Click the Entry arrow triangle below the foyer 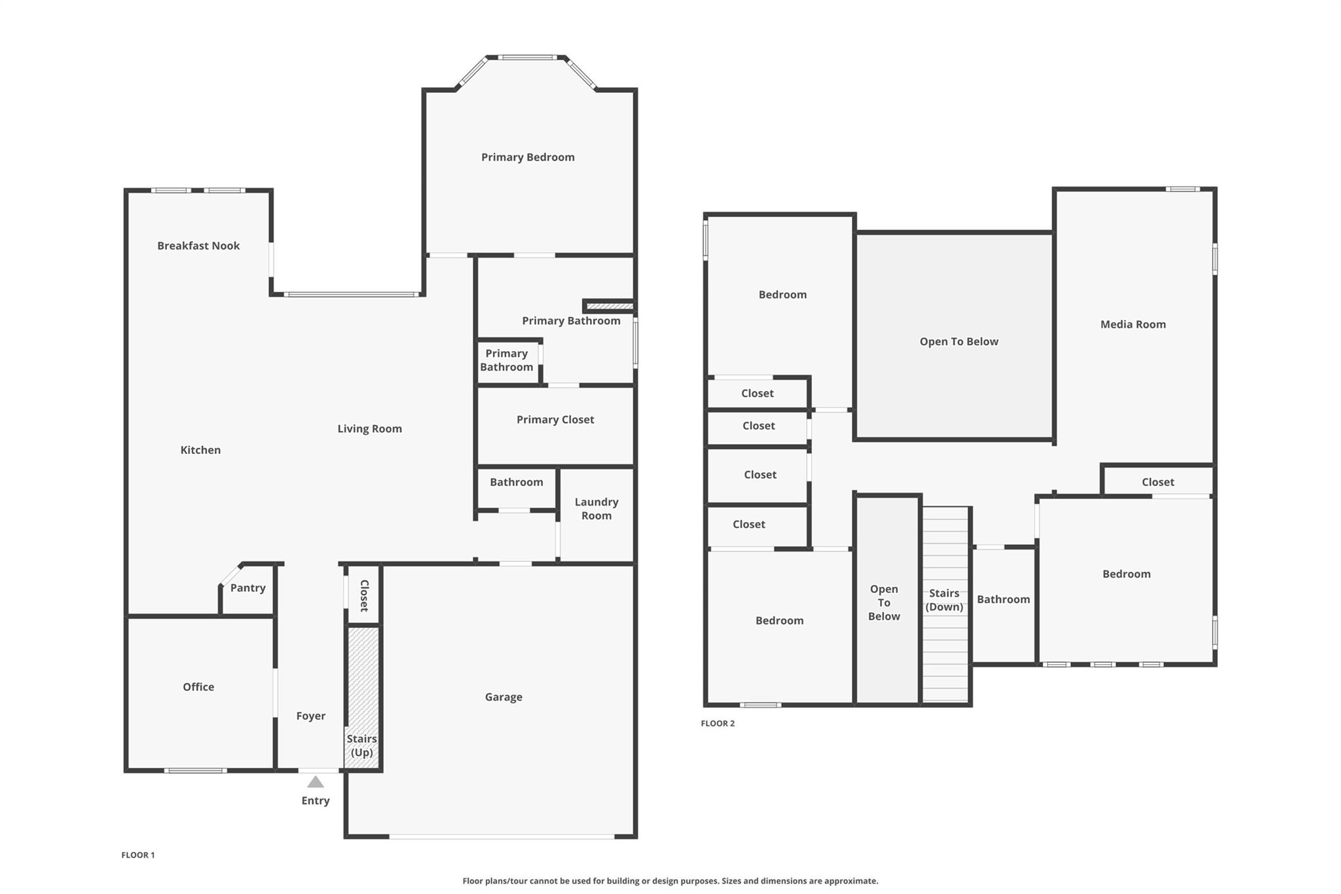pos(316,782)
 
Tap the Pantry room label pos(248,587)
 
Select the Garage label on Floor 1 pos(504,697)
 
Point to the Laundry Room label pos(596,509)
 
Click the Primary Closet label pos(555,419)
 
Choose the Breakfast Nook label pos(198,246)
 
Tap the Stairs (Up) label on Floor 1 pos(361,745)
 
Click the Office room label pos(198,686)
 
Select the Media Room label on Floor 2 pos(1133,324)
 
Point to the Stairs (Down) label pos(944,600)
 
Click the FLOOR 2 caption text pos(718,723)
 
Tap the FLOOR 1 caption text pos(138,855)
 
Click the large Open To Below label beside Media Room pos(959,341)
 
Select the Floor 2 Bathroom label pos(1003,599)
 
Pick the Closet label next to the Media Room pos(1158,482)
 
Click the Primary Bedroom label pos(528,157)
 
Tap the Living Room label pos(369,428)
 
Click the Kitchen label pos(200,450)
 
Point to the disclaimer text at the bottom pos(670,881)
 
